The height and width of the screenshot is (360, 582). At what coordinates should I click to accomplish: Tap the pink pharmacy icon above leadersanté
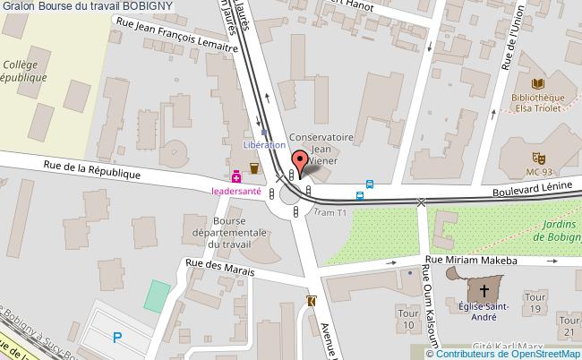click(x=236, y=176)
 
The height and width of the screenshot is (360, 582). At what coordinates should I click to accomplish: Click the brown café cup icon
click(x=254, y=167)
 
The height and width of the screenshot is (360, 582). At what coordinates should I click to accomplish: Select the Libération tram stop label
click(x=264, y=144)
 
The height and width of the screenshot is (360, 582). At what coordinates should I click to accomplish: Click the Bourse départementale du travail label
click(x=243, y=231)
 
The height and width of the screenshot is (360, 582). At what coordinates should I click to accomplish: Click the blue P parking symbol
click(x=117, y=337)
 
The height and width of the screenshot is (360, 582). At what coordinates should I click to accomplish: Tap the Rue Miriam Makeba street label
click(x=472, y=260)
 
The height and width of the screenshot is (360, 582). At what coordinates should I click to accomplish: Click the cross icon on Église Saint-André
click(x=484, y=290)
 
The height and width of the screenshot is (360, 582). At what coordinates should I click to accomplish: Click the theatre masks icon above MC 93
click(x=539, y=157)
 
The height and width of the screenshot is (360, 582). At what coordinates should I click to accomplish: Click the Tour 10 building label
click(x=407, y=319)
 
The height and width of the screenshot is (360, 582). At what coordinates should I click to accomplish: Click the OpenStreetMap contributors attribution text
click(x=511, y=355)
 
